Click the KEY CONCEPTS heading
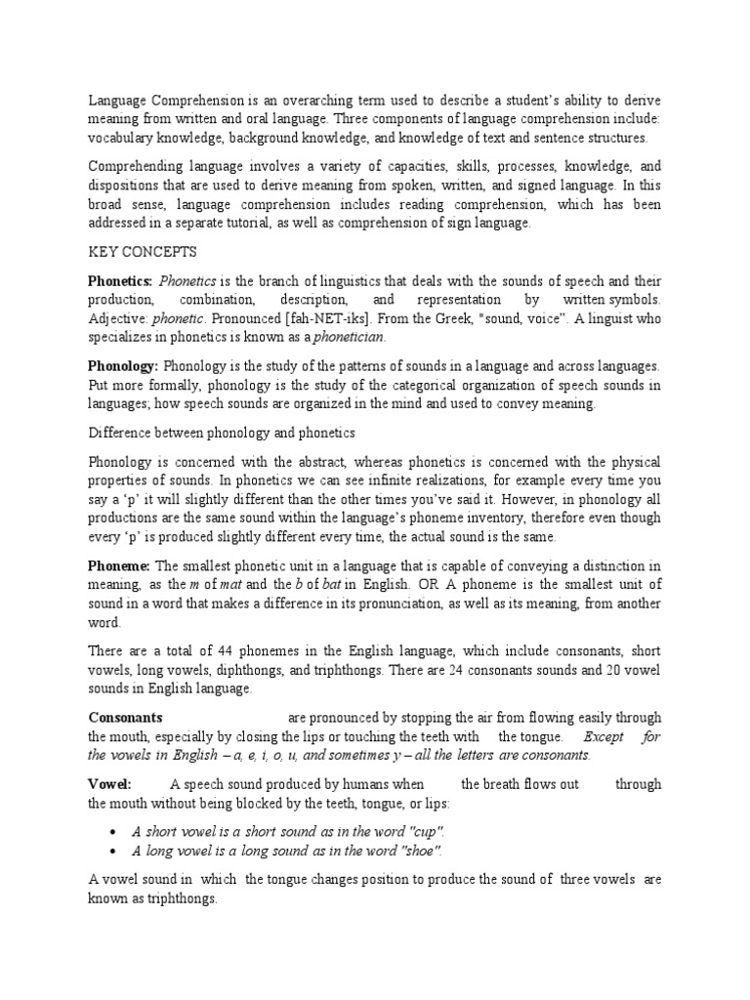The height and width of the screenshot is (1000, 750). click(x=143, y=252)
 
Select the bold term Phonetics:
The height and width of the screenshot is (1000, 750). click(x=121, y=280)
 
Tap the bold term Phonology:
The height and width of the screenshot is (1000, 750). click(x=123, y=365)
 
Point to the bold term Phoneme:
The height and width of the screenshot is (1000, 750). click(x=119, y=565)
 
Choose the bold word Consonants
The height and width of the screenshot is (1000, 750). click(x=126, y=717)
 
